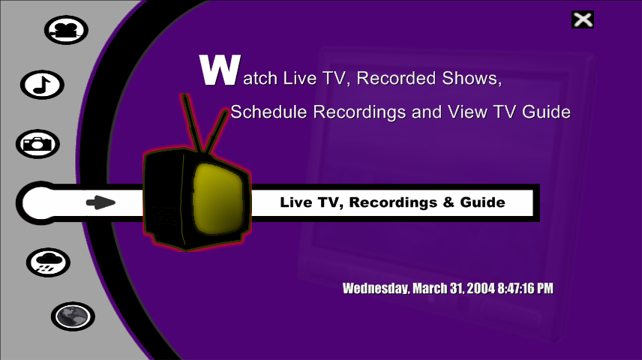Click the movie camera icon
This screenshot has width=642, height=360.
pyautogui.click(x=66, y=30)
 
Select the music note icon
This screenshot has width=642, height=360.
pyautogui.click(x=42, y=85)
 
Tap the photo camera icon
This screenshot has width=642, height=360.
pyautogui.click(x=37, y=144)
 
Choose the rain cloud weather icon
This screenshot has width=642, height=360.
pyautogui.click(x=48, y=262)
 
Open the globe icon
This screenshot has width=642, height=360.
pyautogui.click(x=73, y=316)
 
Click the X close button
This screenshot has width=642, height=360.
pyautogui.click(x=583, y=19)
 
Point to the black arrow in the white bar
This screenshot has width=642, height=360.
pyautogui.click(x=100, y=202)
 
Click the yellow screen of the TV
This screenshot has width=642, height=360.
pyautogui.click(x=217, y=199)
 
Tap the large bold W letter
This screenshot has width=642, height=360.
pyautogui.click(x=220, y=70)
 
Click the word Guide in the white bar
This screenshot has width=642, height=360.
pyautogui.click(x=482, y=202)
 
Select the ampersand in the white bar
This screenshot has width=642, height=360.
pyautogui.click(x=448, y=202)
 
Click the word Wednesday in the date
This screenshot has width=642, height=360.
pyautogui.click(x=376, y=288)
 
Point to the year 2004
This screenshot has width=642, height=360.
pyautogui.click(x=481, y=288)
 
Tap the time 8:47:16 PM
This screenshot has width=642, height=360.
pyautogui.click(x=525, y=288)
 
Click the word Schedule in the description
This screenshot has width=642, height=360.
pyautogui.click(x=268, y=112)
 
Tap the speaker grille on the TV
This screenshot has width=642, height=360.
pyautogui.click(x=164, y=216)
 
